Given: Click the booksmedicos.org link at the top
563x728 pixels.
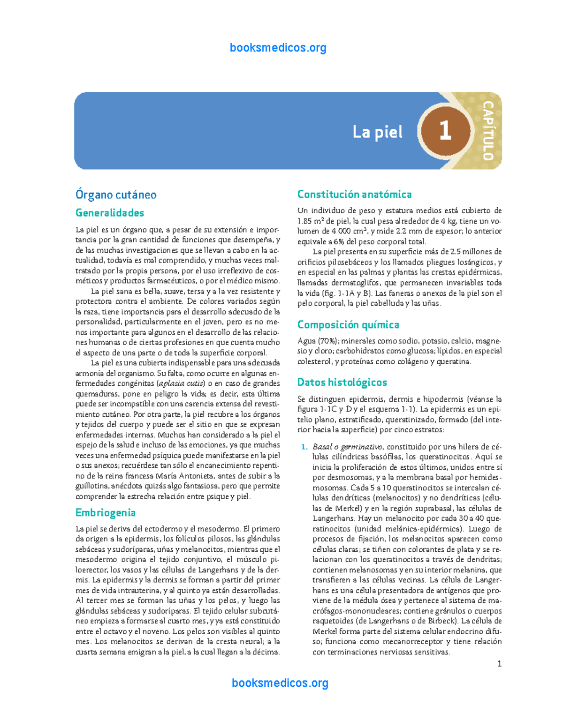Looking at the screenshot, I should tap(278, 48).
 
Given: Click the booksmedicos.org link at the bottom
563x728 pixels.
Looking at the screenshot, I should tap(280, 683).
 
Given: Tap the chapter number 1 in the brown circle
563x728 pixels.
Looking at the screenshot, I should tap(445, 130).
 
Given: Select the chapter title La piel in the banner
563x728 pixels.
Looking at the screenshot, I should tap(378, 132).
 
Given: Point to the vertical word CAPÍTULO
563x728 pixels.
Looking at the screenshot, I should tap(488, 130).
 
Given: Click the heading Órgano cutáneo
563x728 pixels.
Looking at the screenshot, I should tap(116, 195).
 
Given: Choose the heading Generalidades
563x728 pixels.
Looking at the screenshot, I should tap(110, 213).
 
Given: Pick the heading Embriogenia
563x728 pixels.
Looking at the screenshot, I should tap(106, 512).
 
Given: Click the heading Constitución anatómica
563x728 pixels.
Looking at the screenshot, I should tap(355, 194).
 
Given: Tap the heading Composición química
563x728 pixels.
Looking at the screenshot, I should tap(348, 325).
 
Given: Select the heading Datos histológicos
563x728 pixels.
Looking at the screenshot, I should tap(342, 383).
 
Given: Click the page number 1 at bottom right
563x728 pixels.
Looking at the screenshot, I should tap(500, 663).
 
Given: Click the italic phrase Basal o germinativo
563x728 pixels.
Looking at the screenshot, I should tap(348, 447).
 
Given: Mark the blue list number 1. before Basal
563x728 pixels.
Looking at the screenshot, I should tap(304, 447).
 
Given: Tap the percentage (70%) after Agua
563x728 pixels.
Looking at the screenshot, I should tap(327, 341).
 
